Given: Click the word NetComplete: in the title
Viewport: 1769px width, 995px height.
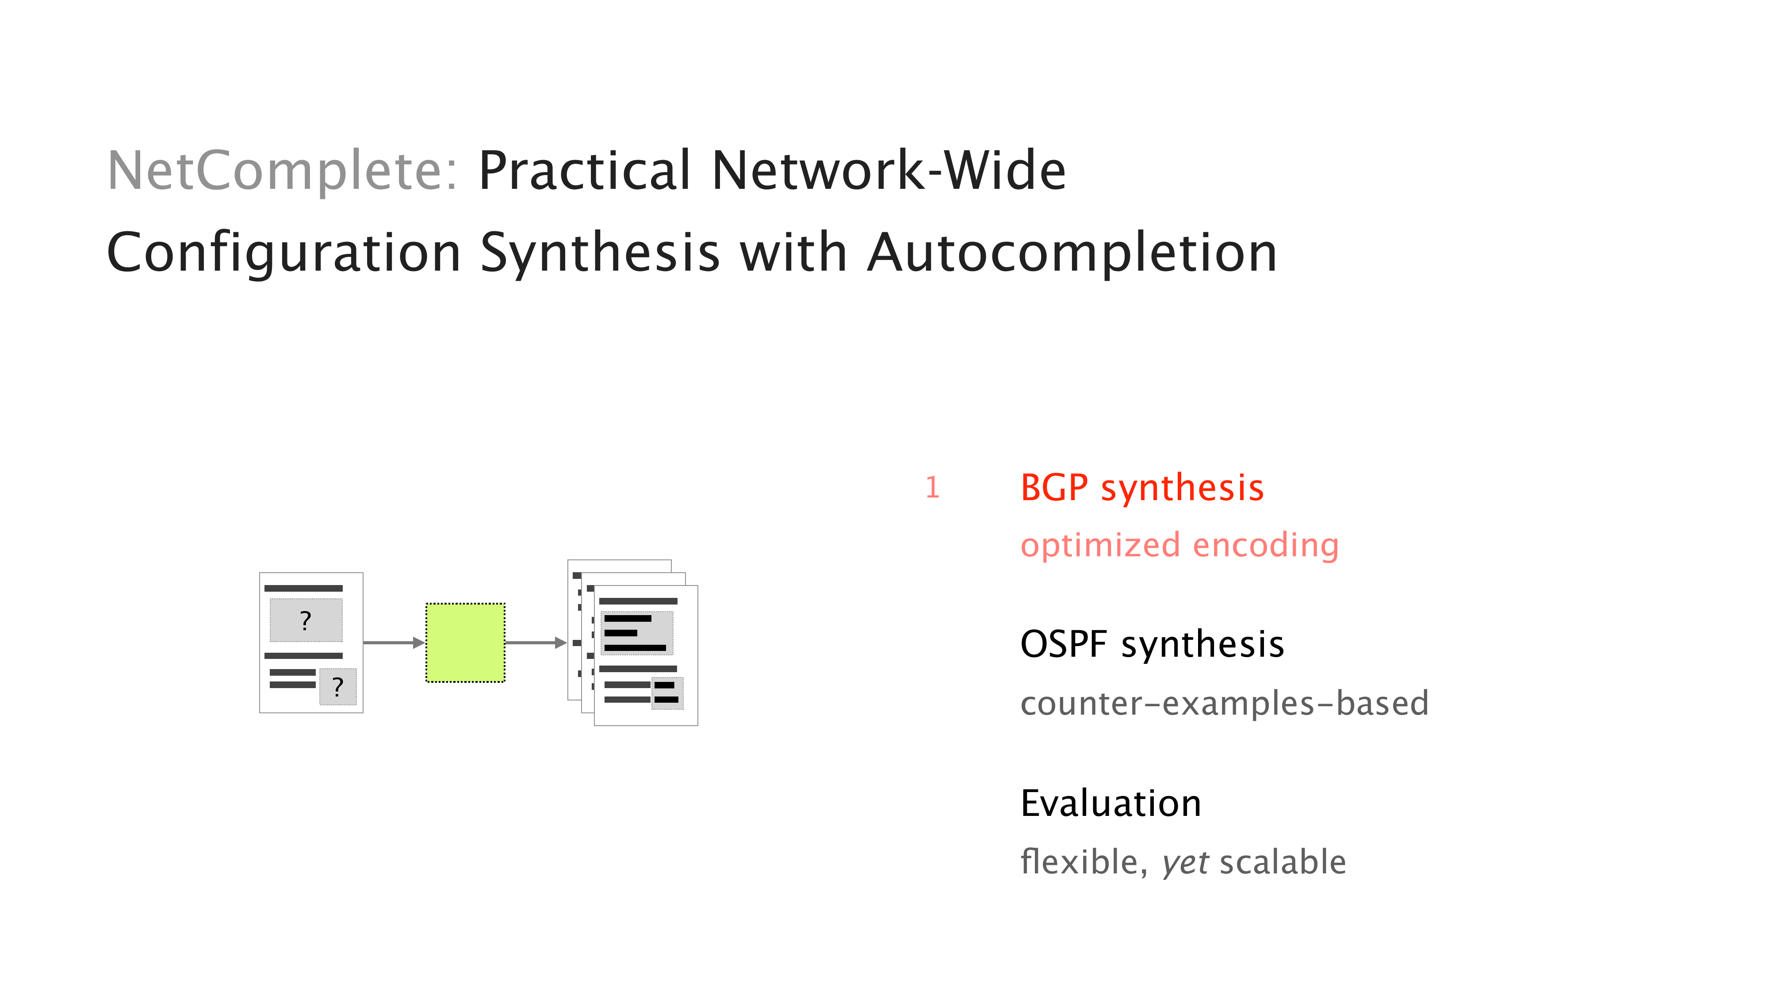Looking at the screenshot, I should point(282,171).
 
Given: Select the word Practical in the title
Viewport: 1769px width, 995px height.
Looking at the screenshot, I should point(584,171).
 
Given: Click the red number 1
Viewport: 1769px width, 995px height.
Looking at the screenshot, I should point(932,487).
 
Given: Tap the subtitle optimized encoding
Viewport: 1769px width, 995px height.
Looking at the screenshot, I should point(1179,545).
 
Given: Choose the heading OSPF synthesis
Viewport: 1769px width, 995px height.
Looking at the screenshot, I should point(1152,644).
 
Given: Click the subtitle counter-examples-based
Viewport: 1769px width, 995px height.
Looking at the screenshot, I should point(1224,703).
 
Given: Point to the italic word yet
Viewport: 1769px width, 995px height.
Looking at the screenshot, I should point(1185,862).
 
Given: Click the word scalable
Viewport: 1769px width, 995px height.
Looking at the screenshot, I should point(1282,862).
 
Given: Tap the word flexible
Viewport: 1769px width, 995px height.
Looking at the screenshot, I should point(1083,862).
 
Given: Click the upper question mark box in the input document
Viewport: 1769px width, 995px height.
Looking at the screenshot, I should point(306,620).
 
